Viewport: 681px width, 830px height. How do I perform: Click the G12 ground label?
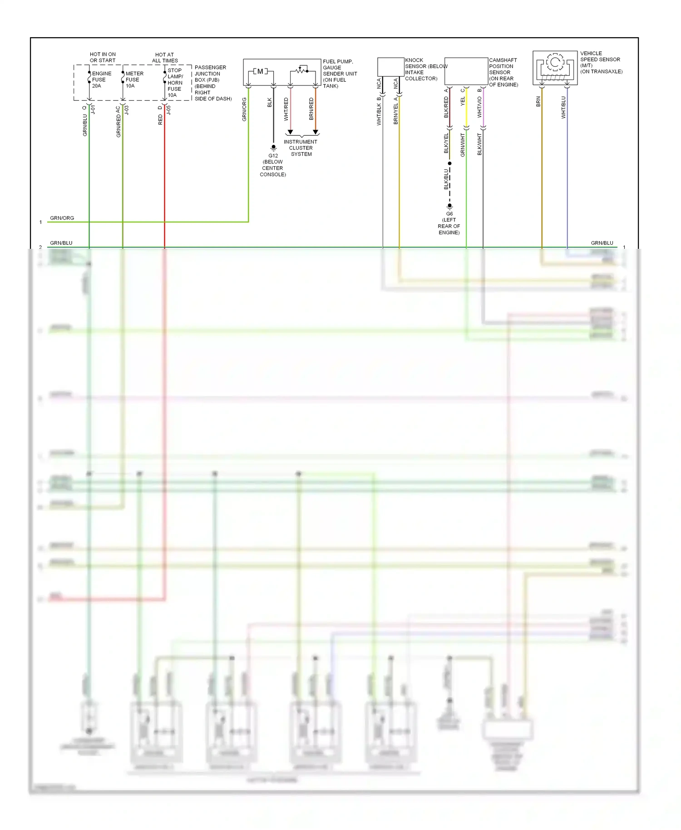[x=273, y=156]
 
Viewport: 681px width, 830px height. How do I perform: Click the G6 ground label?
[x=449, y=214]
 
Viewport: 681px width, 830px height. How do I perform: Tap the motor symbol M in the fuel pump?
[x=260, y=71]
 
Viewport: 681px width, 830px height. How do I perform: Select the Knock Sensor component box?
[x=390, y=67]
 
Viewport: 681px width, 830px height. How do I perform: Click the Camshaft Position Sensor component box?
[x=466, y=71]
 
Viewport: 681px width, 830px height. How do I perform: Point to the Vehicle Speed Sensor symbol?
[x=555, y=68]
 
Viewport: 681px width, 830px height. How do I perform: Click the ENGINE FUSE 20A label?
[x=101, y=79]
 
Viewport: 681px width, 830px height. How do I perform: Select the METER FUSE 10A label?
[x=134, y=79]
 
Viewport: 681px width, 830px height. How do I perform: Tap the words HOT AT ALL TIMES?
[x=165, y=58]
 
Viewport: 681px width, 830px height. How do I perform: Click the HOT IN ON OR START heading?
[x=103, y=57]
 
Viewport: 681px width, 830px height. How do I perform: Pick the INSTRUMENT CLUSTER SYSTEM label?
[x=301, y=148]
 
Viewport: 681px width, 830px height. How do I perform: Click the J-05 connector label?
[x=168, y=109]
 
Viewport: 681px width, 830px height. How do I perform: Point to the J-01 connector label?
[x=93, y=109]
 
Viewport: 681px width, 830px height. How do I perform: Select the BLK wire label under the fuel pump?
[x=270, y=103]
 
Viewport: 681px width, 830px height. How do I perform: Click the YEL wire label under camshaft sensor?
[x=463, y=101]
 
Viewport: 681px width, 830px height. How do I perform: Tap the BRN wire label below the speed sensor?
[x=538, y=102]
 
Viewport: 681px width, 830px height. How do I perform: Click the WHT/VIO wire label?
[x=479, y=107]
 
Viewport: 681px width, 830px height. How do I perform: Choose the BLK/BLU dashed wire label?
[x=446, y=179]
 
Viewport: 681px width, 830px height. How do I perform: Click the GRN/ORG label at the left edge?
[x=62, y=218]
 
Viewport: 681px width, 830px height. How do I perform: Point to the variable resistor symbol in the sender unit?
[x=301, y=70]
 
